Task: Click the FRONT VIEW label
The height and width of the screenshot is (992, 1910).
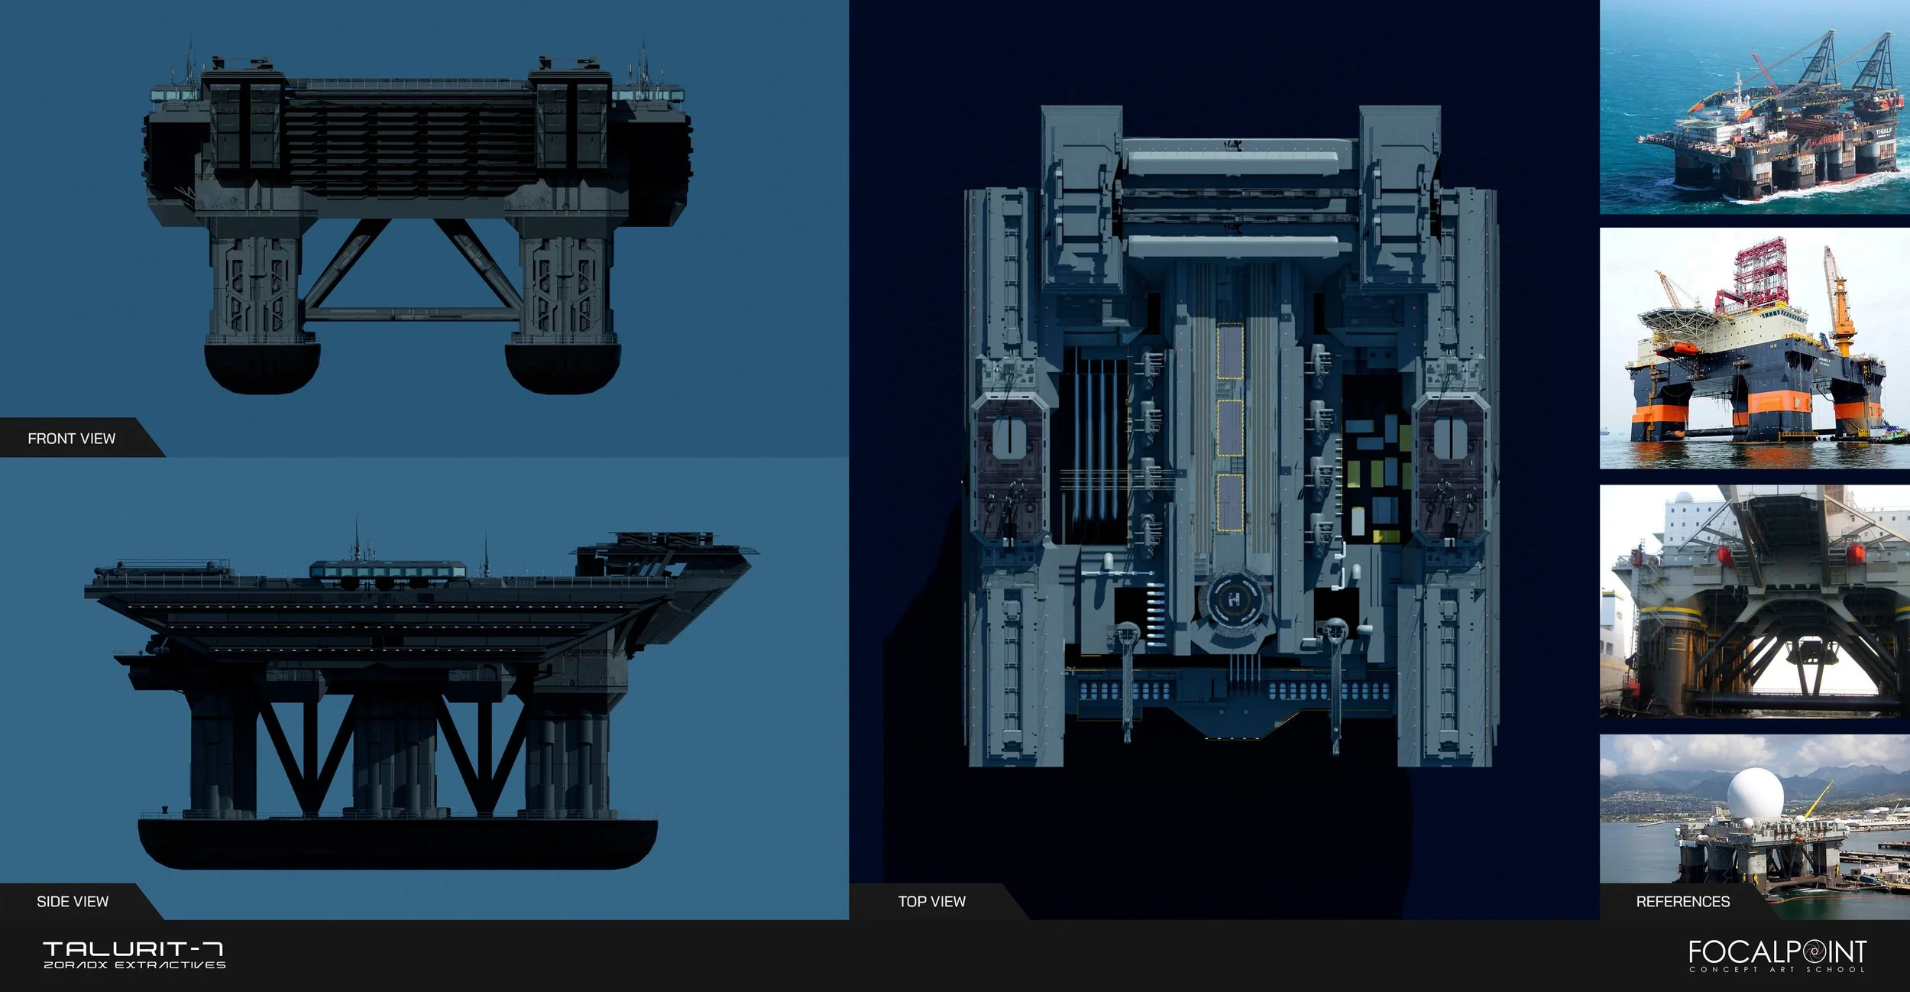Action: [71, 439]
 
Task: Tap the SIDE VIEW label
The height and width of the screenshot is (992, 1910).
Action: [73, 902]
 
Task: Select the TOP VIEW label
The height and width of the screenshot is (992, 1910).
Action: [931, 902]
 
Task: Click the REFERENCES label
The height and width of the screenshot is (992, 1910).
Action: [1682, 902]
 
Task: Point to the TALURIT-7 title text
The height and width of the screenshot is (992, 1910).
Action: [133, 949]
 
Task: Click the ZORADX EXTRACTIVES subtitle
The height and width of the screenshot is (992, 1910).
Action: [134, 965]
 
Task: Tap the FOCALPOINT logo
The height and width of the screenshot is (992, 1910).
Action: [1778, 951]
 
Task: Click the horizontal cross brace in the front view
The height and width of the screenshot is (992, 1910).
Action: [410, 313]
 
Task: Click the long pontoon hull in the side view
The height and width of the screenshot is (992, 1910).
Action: [397, 842]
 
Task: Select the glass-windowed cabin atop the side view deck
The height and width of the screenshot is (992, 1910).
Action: [387, 570]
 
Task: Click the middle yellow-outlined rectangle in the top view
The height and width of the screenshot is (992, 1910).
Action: [1230, 428]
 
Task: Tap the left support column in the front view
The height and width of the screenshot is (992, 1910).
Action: [256, 287]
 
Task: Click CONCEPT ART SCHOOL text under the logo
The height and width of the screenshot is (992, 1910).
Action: [1777, 970]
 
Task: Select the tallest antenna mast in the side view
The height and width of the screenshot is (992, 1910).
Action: [356, 539]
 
